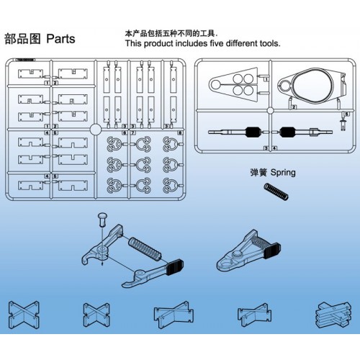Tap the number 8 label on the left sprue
click(x=179, y=132)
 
